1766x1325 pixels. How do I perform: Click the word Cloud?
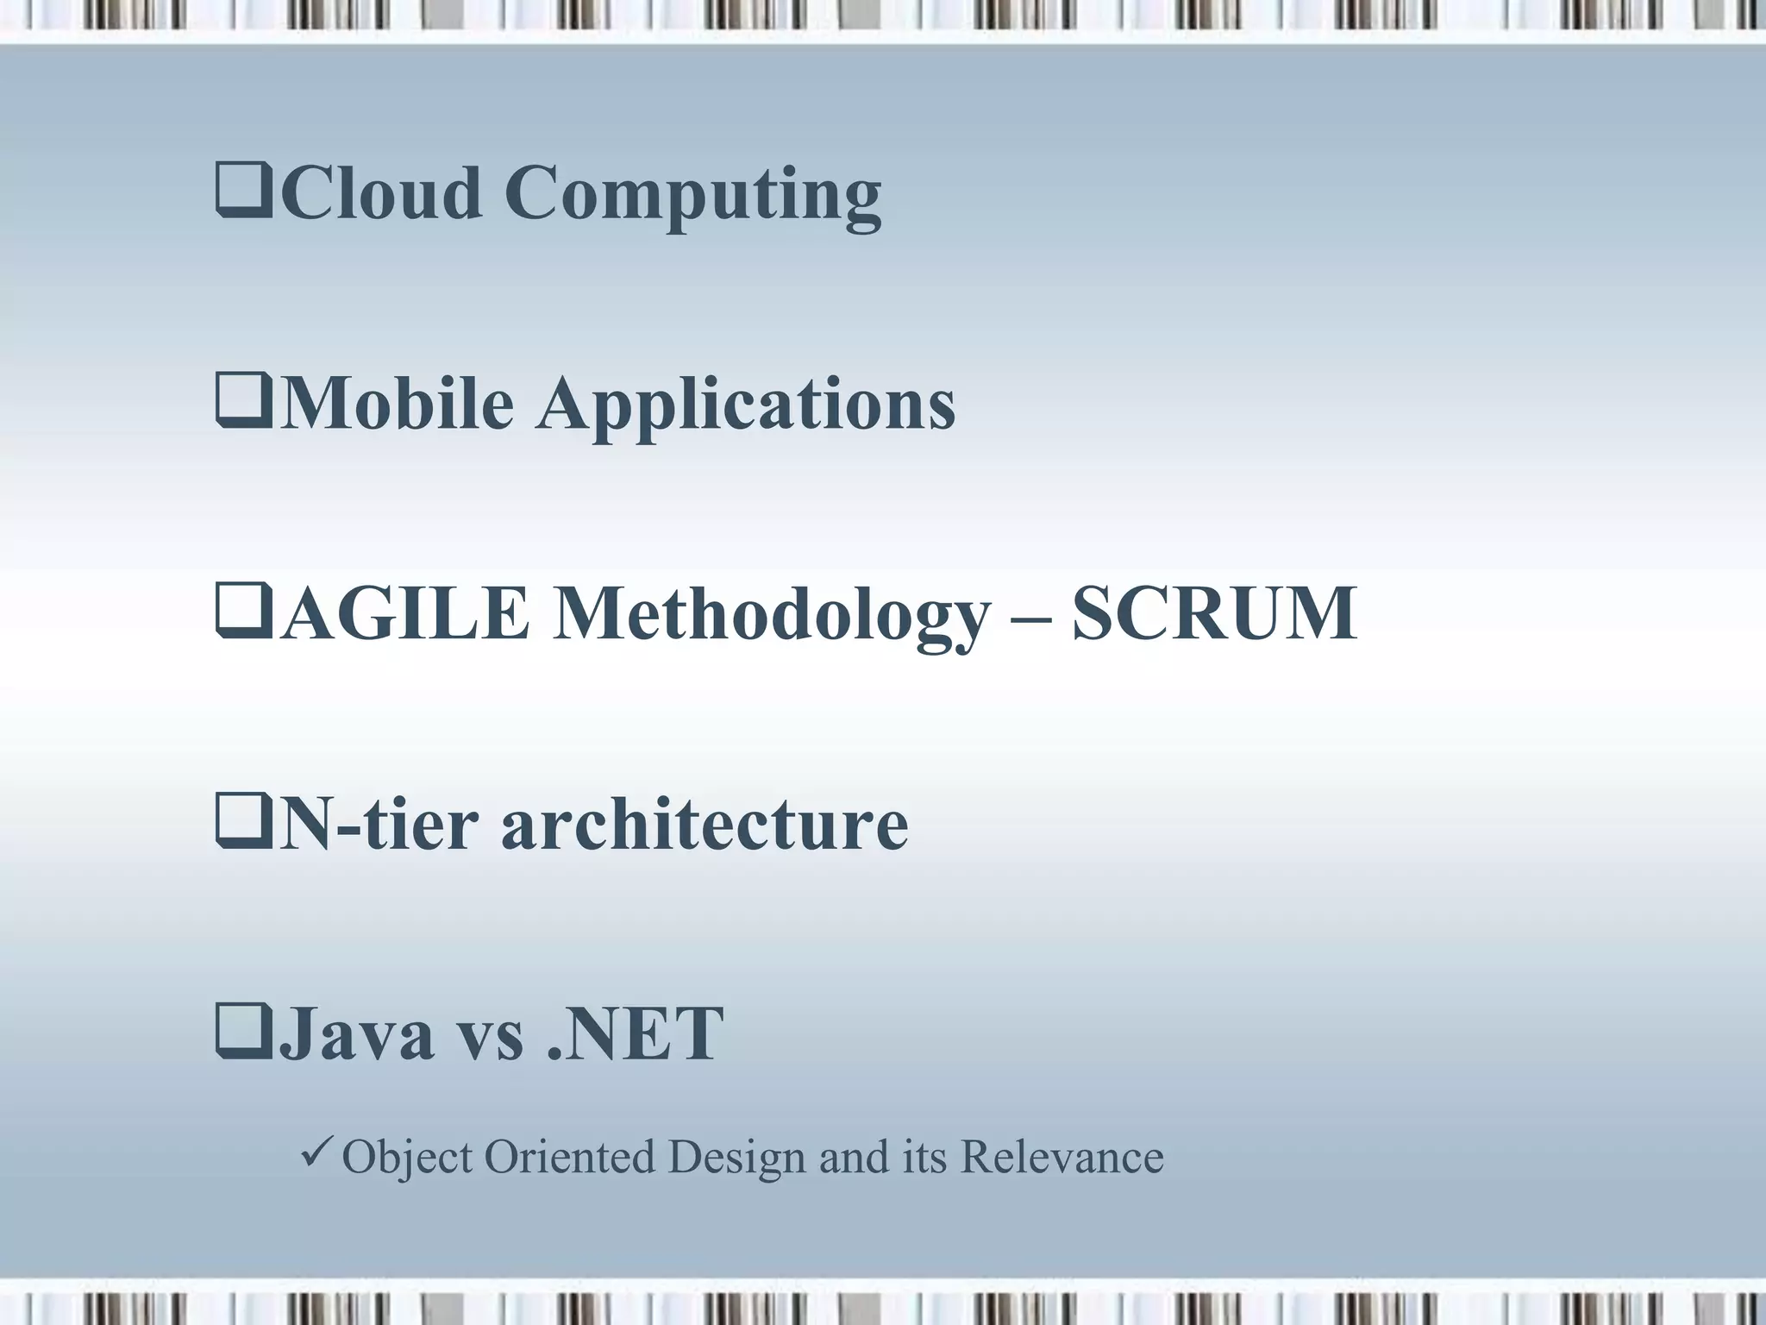[380, 192]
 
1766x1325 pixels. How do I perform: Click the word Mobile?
[397, 403]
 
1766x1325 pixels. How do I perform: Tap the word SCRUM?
[1214, 613]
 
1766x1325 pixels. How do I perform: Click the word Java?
[357, 1034]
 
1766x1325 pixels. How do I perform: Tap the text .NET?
[636, 1034]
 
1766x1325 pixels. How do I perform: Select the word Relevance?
[1061, 1157]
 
